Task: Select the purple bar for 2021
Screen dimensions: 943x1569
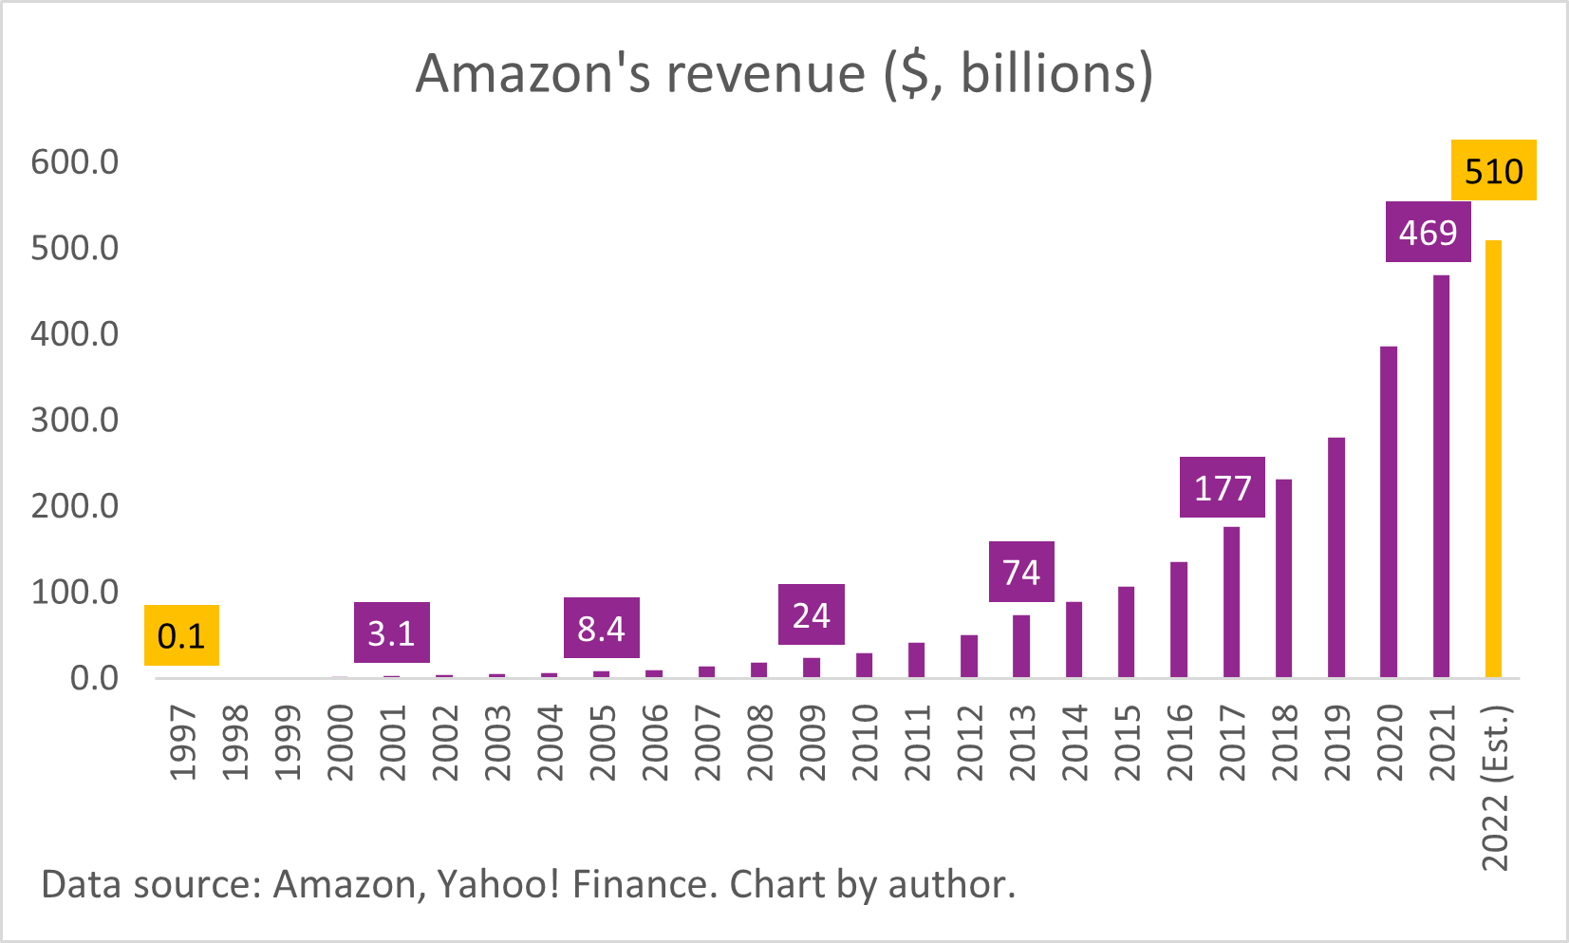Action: pos(1441,476)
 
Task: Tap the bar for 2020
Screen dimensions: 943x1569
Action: pos(1389,512)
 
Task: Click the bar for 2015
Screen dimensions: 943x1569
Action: pos(1126,632)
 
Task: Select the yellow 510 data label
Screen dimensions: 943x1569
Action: pos(1493,171)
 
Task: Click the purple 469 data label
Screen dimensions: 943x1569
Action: pos(1428,232)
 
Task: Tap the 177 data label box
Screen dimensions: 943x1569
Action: pos(1222,487)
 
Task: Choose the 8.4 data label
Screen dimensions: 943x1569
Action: pos(601,628)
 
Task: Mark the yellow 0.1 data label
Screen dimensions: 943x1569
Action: pos(181,635)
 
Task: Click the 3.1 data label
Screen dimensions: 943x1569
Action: pos(391,632)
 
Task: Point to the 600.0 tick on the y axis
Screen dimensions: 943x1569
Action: pos(75,162)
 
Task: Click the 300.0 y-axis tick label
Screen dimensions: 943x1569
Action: pos(75,420)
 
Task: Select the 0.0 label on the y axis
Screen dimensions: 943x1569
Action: pos(94,678)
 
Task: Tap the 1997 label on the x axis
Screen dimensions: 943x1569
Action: pos(182,742)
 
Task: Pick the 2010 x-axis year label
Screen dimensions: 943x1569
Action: pos(865,742)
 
